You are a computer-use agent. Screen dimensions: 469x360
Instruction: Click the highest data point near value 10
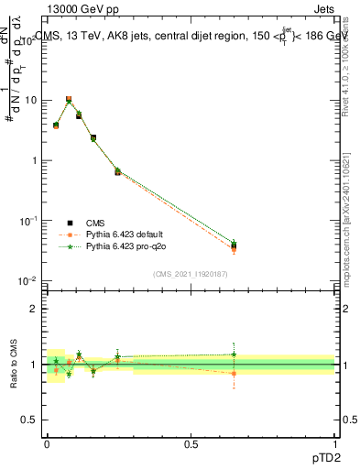pos(69,99)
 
